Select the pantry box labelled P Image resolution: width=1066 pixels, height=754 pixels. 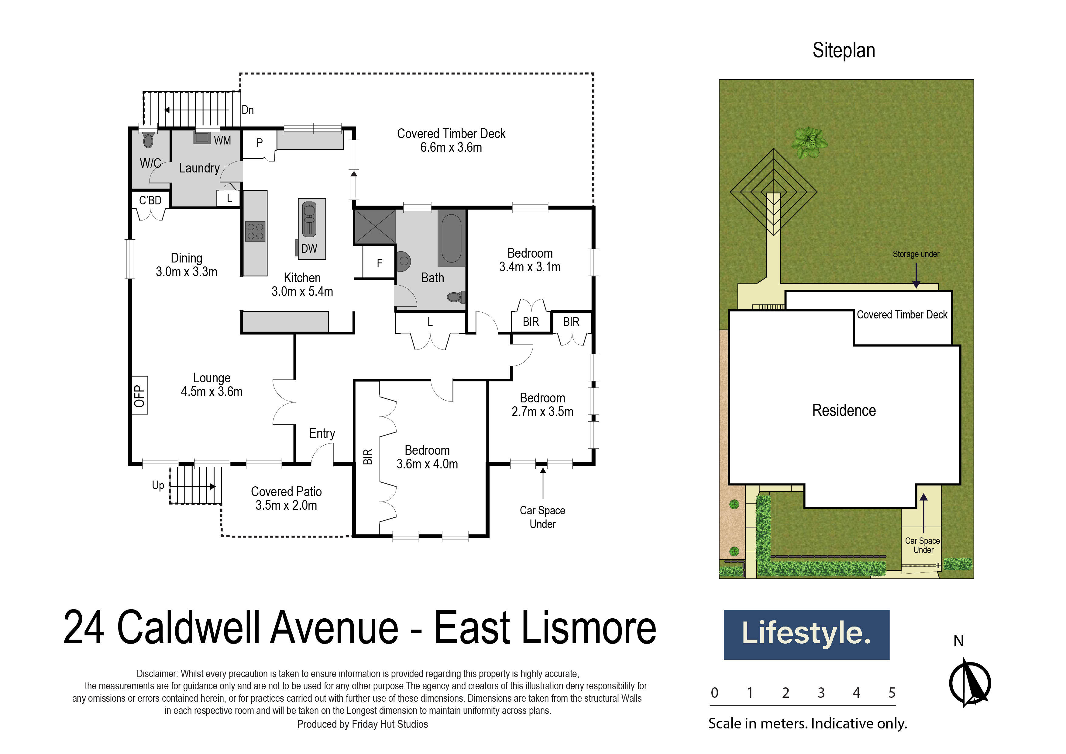[x=259, y=143]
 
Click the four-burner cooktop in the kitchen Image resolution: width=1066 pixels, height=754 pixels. [x=255, y=231]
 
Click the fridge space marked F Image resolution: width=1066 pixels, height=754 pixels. [x=379, y=263]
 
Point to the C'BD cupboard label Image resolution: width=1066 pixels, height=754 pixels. [x=150, y=200]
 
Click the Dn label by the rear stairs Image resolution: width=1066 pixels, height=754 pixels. [x=247, y=110]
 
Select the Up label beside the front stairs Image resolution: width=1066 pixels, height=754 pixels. [x=158, y=485]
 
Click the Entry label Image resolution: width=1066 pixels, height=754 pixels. [x=322, y=433]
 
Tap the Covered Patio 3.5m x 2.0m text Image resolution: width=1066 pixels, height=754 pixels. [x=286, y=499]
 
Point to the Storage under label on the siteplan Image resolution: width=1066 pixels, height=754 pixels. [x=916, y=254]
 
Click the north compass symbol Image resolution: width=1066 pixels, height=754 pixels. [x=970, y=683]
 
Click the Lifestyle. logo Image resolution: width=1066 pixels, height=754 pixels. [x=806, y=634]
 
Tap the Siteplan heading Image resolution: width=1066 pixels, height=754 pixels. [x=843, y=50]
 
